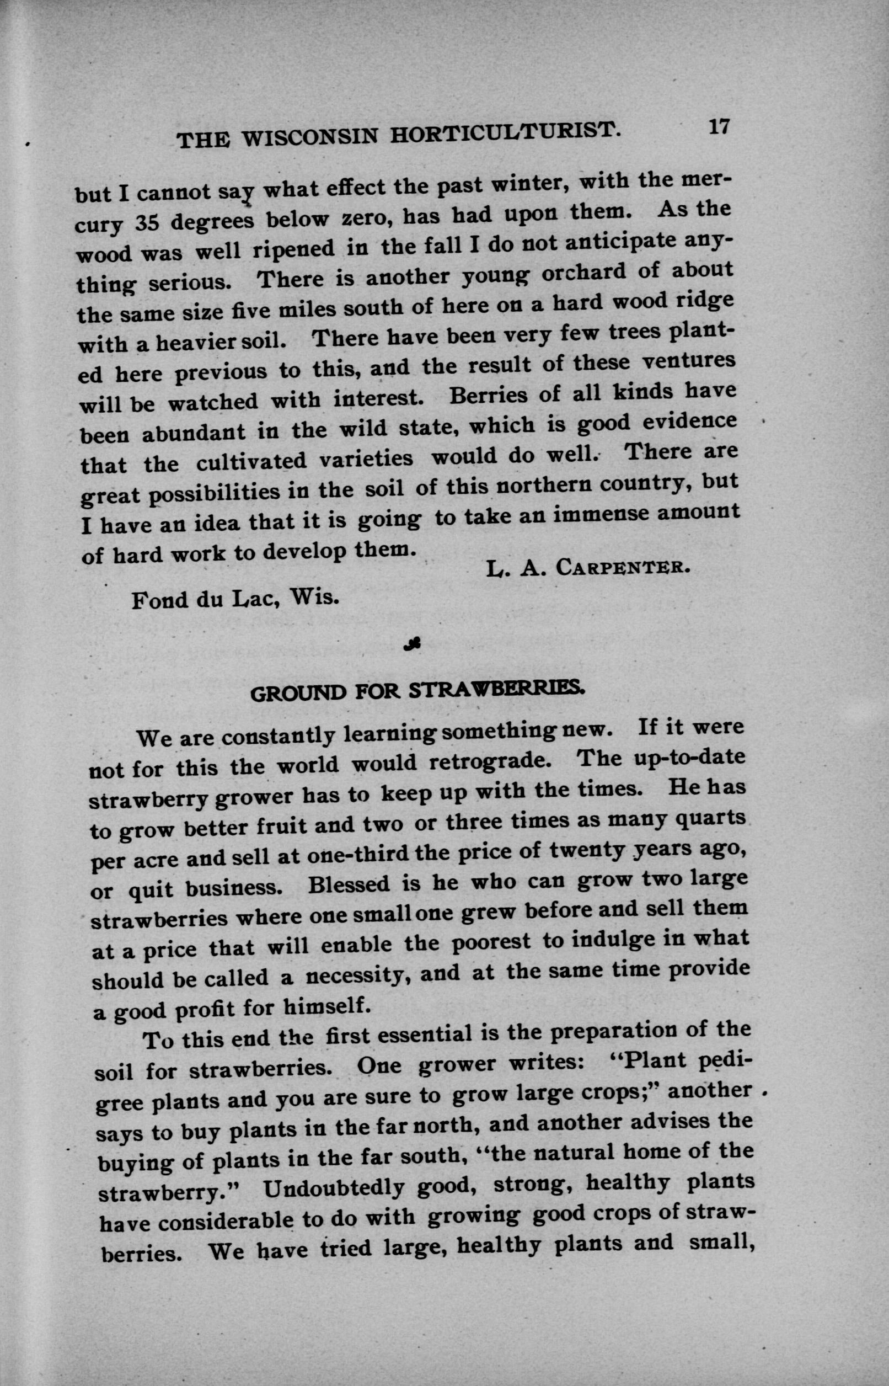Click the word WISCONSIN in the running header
coord(310,137)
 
